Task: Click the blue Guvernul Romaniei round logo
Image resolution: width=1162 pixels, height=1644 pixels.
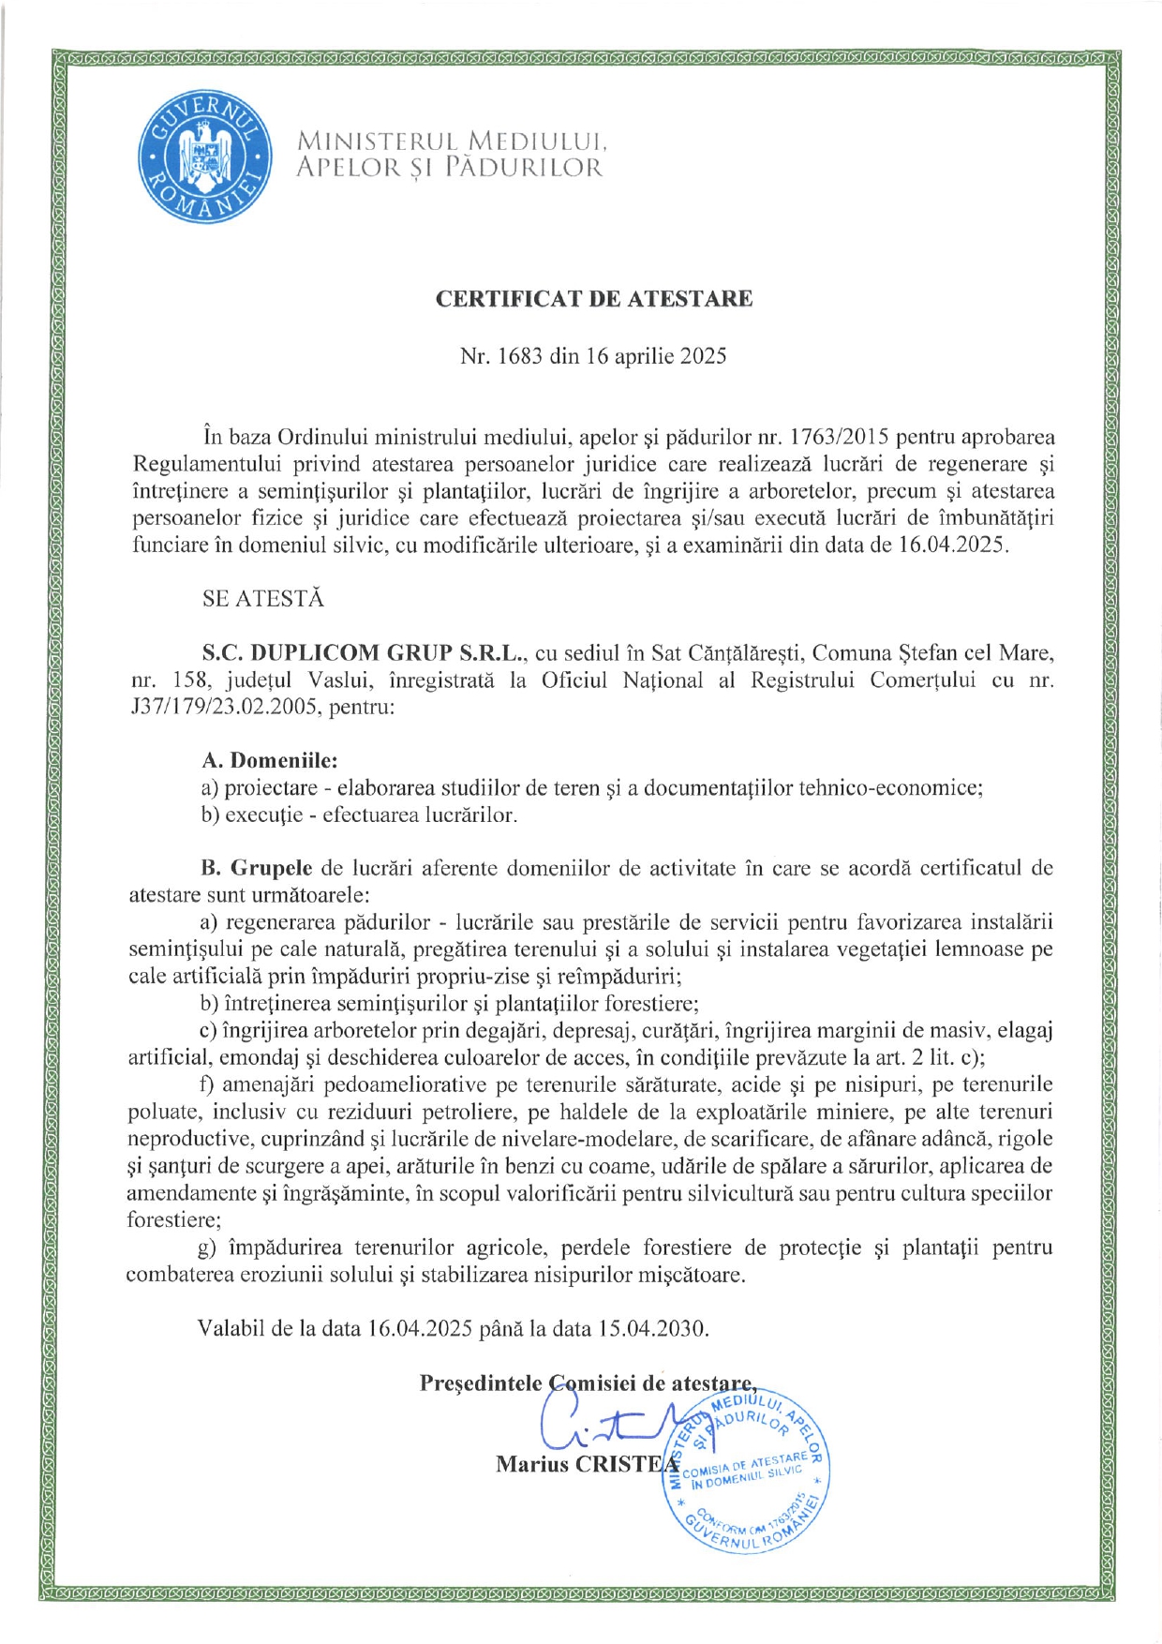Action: click(x=205, y=156)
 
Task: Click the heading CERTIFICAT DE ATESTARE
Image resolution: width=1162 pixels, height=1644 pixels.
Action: click(x=594, y=299)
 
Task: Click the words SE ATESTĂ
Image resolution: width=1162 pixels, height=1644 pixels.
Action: click(x=263, y=599)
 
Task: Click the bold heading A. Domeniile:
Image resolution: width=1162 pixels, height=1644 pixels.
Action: click(x=270, y=760)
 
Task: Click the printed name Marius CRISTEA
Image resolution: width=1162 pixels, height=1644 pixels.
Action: click(x=588, y=1464)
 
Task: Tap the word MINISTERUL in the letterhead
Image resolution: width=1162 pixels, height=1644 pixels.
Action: click(x=377, y=142)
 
